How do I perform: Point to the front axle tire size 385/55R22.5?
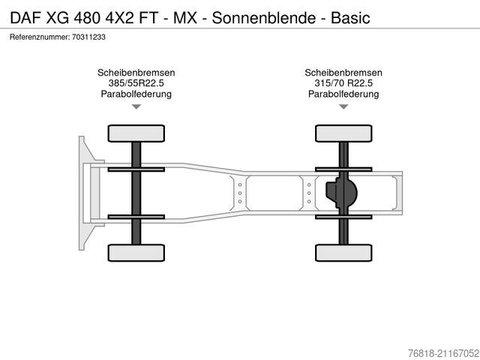pyautogui.click(x=136, y=83)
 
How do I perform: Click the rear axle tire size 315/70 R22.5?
pyautogui.click(x=343, y=83)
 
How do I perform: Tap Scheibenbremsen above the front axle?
pyautogui.click(x=136, y=73)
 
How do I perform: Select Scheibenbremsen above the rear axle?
pyautogui.click(x=343, y=73)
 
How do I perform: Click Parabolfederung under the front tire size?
pyautogui.click(x=136, y=94)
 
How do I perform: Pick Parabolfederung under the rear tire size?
pyautogui.click(x=343, y=94)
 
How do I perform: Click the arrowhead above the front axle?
pyautogui.click(x=136, y=107)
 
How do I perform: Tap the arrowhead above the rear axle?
pyautogui.click(x=343, y=107)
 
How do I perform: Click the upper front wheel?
pyautogui.click(x=136, y=133)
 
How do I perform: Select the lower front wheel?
pyautogui.click(x=136, y=253)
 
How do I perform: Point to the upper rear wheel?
pyautogui.click(x=343, y=133)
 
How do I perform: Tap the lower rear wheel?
pyautogui.click(x=343, y=253)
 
